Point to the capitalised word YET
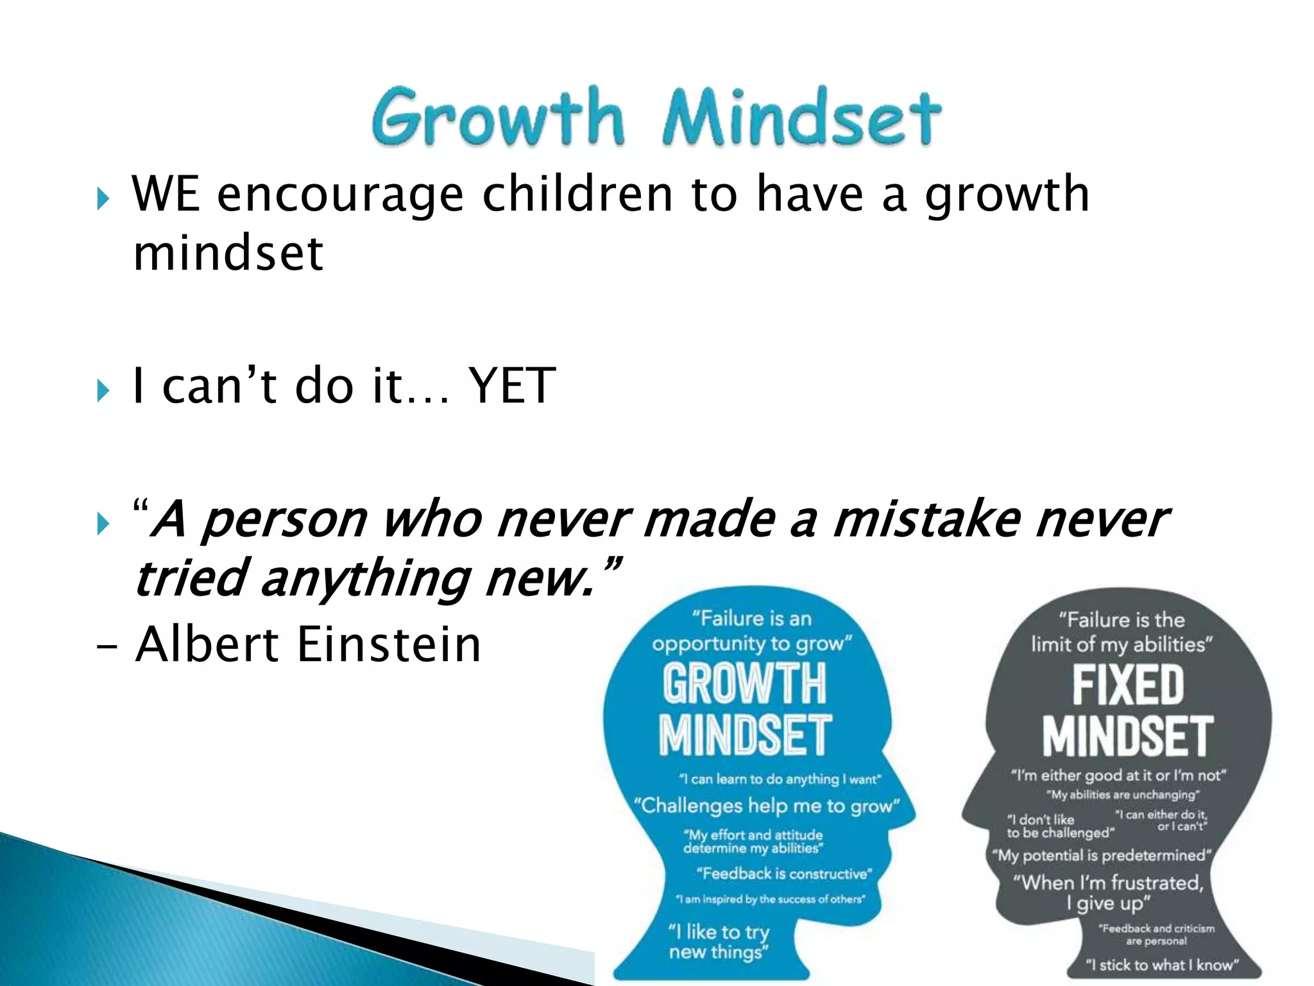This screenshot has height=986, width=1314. pos(511,386)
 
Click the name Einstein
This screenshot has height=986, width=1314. pos(388,645)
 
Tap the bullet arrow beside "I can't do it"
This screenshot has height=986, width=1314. pos(103,390)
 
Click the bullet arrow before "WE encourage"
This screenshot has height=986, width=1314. pos(103,198)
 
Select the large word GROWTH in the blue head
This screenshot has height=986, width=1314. pos(744,684)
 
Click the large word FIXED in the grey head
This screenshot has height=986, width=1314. pos(1128,686)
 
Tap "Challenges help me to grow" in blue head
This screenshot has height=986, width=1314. pos(767,806)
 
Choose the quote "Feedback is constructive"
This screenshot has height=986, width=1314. pos(784,874)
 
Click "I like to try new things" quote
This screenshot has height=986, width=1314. pos(719,942)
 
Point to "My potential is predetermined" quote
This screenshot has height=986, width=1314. pos(1101,856)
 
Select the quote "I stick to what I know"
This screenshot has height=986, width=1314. pos(1161,965)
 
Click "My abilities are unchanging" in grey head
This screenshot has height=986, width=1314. pos(1123,795)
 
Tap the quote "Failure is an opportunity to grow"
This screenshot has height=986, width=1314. pos(752,631)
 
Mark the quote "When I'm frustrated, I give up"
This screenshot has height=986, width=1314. pos(1109,893)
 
